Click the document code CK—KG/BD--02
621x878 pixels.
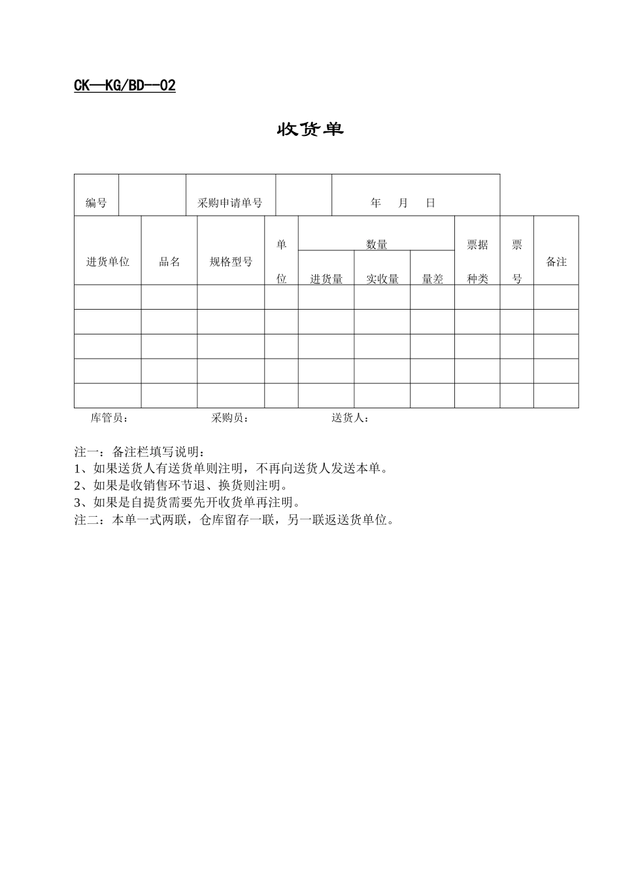(x=125, y=86)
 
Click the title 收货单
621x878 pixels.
(x=310, y=129)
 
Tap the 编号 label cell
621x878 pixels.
(x=96, y=203)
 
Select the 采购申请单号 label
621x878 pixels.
(x=230, y=203)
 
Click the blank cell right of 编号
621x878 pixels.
(x=152, y=195)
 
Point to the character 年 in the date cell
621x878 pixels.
(x=376, y=203)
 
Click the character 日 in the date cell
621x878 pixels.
(x=430, y=203)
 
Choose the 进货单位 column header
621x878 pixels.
(x=108, y=262)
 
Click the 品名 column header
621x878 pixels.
(x=169, y=262)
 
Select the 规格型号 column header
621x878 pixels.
(x=231, y=262)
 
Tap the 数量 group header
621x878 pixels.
(x=377, y=244)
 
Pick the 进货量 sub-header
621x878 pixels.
(x=326, y=279)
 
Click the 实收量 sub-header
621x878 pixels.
(x=382, y=279)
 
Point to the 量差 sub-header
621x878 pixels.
(x=433, y=279)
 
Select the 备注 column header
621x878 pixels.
(x=556, y=262)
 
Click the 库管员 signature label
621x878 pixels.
(x=110, y=418)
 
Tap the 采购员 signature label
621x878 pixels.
(x=230, y=418)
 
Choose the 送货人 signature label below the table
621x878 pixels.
(x=350, y=418)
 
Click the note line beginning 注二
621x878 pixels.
(x=235, y=520)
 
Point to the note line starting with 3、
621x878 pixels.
(x=188, y=503)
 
